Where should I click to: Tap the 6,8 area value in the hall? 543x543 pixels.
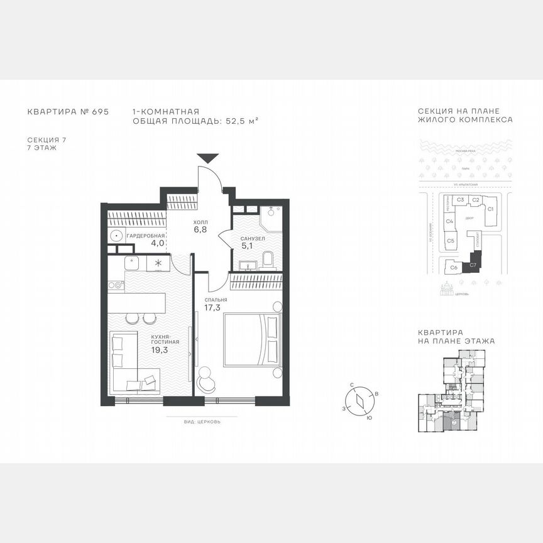(200, 229)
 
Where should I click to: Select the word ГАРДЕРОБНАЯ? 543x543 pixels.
(145, 236)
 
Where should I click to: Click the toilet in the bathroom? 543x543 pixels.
(268, 260)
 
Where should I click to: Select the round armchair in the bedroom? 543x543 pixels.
(206, 378)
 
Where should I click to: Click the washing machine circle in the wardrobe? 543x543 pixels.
(116, 236)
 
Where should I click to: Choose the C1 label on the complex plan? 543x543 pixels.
(491, 208)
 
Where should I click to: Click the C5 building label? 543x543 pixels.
(451, 241)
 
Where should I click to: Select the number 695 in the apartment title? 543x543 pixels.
(100, 111)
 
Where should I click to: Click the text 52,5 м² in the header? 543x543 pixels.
(243, 120)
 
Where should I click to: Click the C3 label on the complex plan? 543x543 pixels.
(461, 200)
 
